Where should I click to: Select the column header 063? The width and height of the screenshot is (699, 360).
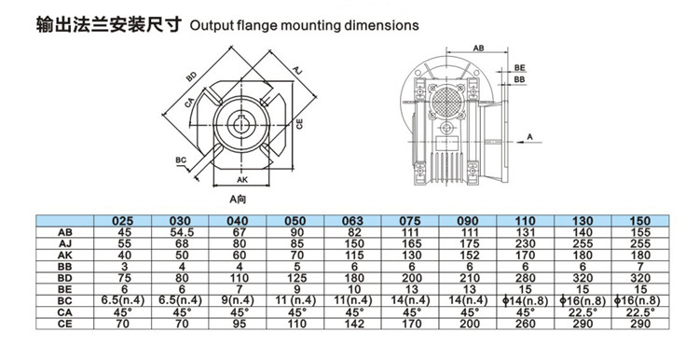352,220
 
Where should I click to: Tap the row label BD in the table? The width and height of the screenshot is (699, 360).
64,278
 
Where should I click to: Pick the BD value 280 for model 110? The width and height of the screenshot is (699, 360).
525,278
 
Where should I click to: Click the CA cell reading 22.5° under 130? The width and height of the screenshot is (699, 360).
582,312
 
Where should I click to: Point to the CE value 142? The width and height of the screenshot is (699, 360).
353,324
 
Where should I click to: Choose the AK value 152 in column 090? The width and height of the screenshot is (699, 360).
468,256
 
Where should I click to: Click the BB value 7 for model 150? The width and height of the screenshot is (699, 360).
640,267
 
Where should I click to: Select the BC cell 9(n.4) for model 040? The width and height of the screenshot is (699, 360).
238,300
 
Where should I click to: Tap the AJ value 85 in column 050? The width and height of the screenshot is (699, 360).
295,243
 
